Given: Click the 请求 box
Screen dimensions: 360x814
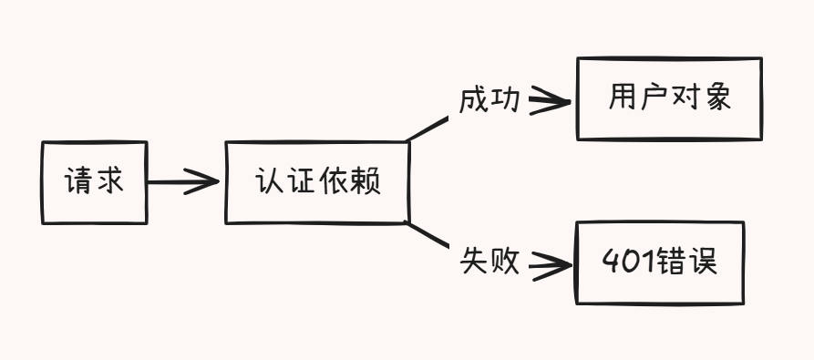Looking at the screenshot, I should pyautogui.click(x=94, y=182).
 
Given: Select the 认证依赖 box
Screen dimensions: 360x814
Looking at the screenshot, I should pyautogui.click(x=316, y=182).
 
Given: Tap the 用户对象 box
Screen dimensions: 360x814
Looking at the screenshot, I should pyautogui.click(x=669, y=98).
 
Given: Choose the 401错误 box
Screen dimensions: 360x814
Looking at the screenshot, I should pyautogui.click(x=659, y=262).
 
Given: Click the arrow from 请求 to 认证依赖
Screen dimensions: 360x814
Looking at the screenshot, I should pyautogui.click(x=182, y=182).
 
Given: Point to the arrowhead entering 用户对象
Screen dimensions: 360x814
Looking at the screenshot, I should pyautogui.click(x=551, y=99).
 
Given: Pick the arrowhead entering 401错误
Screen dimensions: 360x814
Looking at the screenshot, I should pyautogui.click(x=551, y=266).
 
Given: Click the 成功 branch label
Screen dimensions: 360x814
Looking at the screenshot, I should pyautogui.click(x=489, y=99).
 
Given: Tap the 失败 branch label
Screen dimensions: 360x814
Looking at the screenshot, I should pyautogui.click(x=489, y=262).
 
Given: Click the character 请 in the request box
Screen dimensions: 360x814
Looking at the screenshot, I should pyautogui.click(x=77, y=182).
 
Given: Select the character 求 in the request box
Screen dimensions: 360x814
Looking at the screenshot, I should pyautogui.click(x=109, y=182).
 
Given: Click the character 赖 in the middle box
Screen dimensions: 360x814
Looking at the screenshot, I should pyautogui.click(x=365, y=182).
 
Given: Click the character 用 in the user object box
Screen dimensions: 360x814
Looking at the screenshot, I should pyautogui.click(x=622, y=98).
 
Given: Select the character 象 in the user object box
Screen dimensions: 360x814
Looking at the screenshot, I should pyautogui.click(x=717, y=98).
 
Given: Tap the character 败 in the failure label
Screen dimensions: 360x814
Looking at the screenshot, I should pyautogui.click(x=505, y=262).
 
